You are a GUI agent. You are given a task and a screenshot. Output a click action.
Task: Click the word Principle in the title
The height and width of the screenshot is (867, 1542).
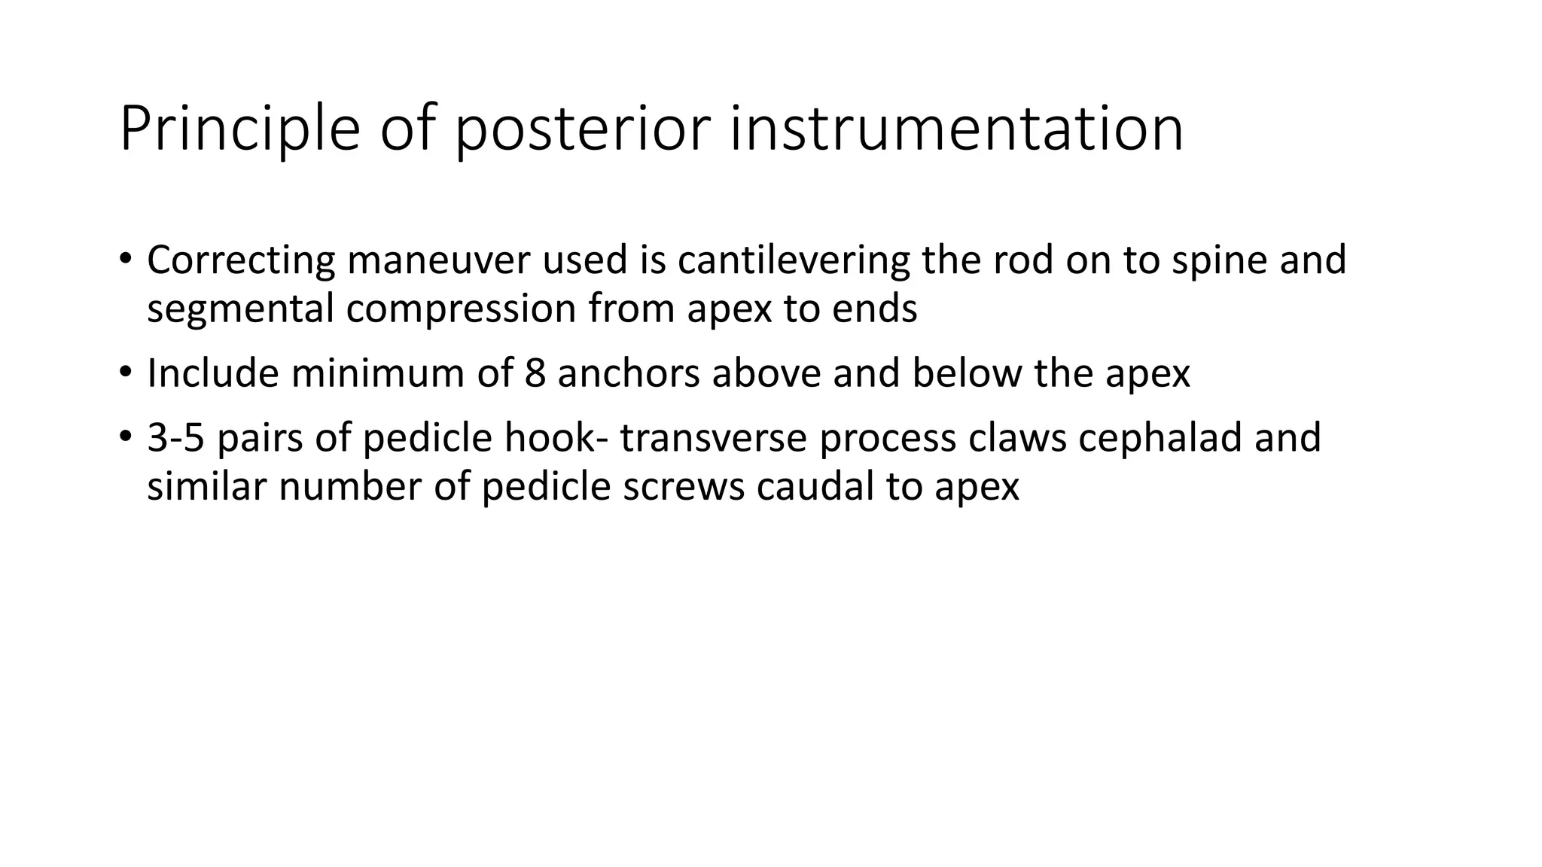point(239,130)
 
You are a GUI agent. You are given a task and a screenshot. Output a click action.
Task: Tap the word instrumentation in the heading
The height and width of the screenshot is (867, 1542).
point(956,130)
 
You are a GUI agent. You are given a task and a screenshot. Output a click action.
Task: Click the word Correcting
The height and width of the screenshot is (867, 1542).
point(240,260)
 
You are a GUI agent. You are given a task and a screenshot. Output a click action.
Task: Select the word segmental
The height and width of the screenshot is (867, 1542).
point(240,309)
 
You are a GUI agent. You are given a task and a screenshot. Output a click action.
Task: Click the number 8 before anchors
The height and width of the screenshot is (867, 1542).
point(535,374)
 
